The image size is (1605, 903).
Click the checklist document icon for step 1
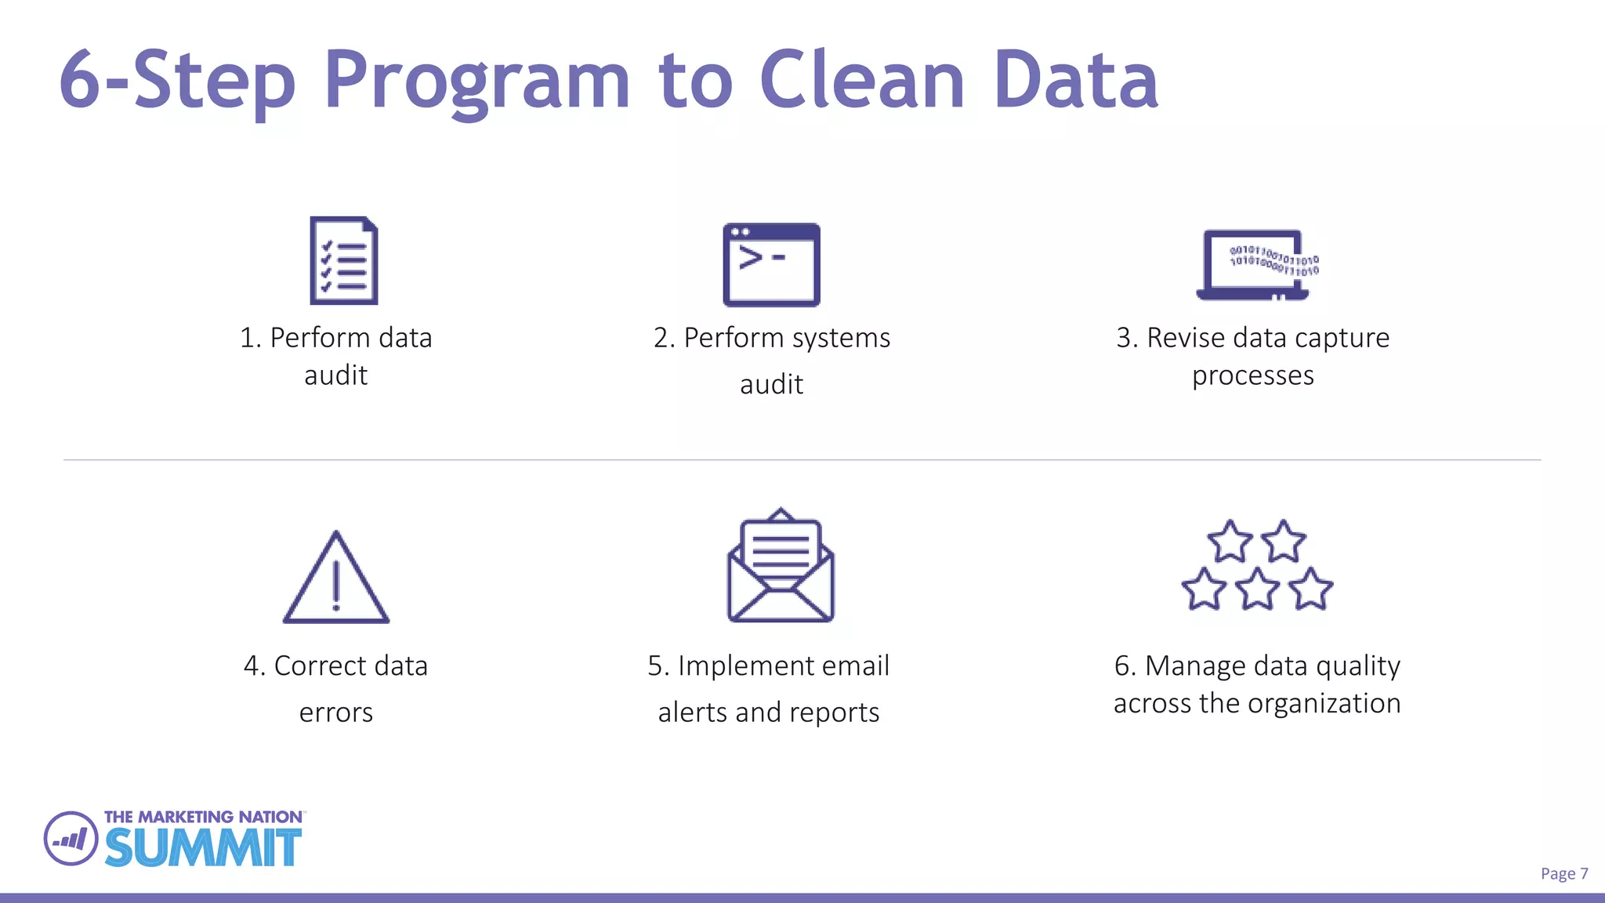[x=343, y=260]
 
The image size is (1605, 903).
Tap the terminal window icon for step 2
[x=771, y=265]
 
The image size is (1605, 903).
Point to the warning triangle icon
[x=335, y=580]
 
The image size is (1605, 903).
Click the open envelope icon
[x=781, y=566]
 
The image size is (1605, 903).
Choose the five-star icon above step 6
[x=1257, y=566]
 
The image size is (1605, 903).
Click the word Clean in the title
[x=861, y=80]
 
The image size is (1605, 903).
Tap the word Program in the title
[x=476, y=82]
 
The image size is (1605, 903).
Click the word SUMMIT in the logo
[x=203, y=847]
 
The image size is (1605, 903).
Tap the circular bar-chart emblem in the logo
[x=71, y=839]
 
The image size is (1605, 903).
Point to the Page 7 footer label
[x=1563, y=873]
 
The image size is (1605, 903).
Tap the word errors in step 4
[x=335, y=713]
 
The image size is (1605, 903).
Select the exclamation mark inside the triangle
[x=336, y=585]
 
